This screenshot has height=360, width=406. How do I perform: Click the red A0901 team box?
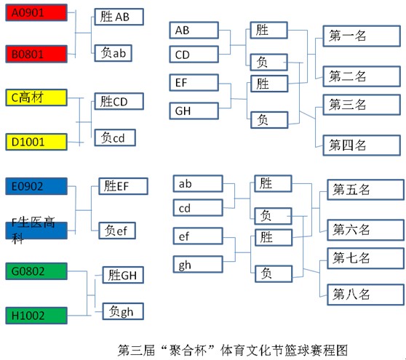(x=36, y=12)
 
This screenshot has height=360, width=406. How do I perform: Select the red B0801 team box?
(x=36, y=54)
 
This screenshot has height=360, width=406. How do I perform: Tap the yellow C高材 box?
(x=36, y=97)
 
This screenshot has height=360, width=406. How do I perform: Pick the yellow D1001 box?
(x=36, y=142)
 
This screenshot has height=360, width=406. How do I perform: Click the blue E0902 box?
(x=36, y=186)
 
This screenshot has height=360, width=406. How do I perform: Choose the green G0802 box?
(x=36, y=271)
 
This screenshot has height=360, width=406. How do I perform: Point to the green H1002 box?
(x=36, y=316)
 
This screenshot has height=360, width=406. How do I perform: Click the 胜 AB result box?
(x=119, y=17)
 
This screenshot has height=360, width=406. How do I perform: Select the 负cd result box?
(x=115, y=137)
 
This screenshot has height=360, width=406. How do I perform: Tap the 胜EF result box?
(x=123, y=186)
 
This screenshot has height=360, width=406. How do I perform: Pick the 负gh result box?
(x=123, y=311)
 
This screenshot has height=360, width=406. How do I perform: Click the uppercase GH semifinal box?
(x=194, y=111)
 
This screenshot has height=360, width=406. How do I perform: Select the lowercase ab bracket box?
(x=198, y=184)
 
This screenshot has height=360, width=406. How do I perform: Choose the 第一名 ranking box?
(x=362, y=36)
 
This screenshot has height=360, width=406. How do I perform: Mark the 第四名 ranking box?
(x=362, y=145)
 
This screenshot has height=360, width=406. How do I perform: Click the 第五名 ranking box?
(x=365, y=190)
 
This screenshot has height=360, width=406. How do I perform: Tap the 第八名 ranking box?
(x=365, y=295)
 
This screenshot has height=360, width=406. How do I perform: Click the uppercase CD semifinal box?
(x=194, y=55)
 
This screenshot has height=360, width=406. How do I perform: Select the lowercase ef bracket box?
(x=198, y=236)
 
